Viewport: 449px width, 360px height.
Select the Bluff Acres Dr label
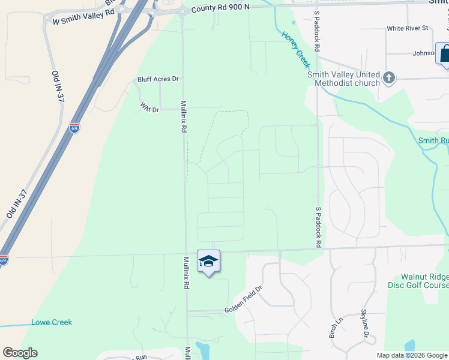[158, 79]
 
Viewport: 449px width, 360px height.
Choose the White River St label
[408, 28]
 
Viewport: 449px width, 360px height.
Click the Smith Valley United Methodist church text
[343, 79]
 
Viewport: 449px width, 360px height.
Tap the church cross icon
[389, 77]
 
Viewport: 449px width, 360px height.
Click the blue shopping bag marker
[445, 53]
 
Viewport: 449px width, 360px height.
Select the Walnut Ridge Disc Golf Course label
[421, 281]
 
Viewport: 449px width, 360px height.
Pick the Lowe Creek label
[52, 322]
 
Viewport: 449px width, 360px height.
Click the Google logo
[20, 353]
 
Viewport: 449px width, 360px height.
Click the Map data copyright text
[411, 355]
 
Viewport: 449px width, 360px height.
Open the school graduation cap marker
[208, 261]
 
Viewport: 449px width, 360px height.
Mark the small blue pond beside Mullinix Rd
[203, 350]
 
